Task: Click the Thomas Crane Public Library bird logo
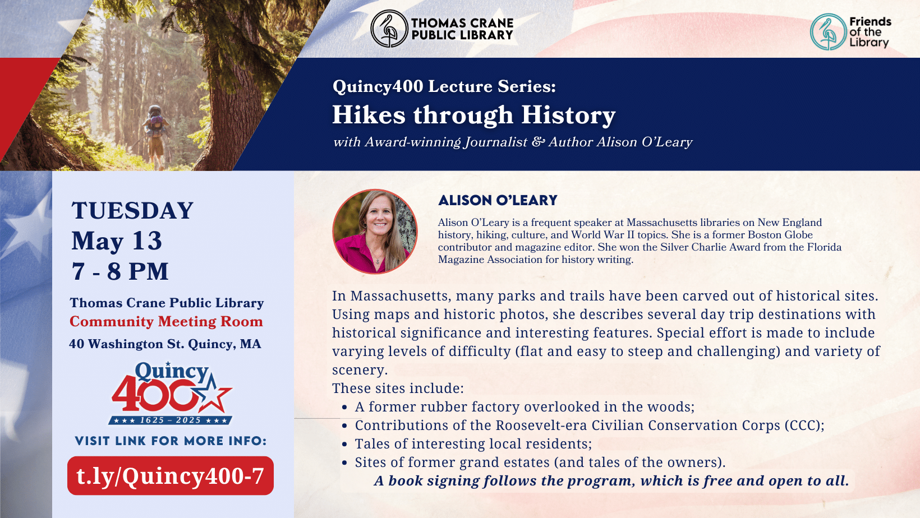(x=389, y=29)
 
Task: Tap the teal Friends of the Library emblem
(x=828, y=32)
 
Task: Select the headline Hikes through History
(x=473, y=115)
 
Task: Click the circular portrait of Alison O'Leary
(x=375, y=232)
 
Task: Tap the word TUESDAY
(x=132, y=211)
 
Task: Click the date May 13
(x=117, y=241)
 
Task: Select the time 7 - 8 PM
(x=120, y=272)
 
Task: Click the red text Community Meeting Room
(x=166, y=322)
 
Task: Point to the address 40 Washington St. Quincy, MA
(x=165, y=344)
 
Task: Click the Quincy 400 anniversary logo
(x=171, y=393)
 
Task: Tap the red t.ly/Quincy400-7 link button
(x=170, y=476)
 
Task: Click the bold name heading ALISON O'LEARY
(x=498, y=201)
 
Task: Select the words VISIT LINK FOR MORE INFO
(x=171, y=441)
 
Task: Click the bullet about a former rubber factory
(x=525, y=407)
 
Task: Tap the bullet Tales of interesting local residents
(x=473, y=444)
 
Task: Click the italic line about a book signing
(x=611, y=481)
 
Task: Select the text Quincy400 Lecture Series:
(x=444, y=86)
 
